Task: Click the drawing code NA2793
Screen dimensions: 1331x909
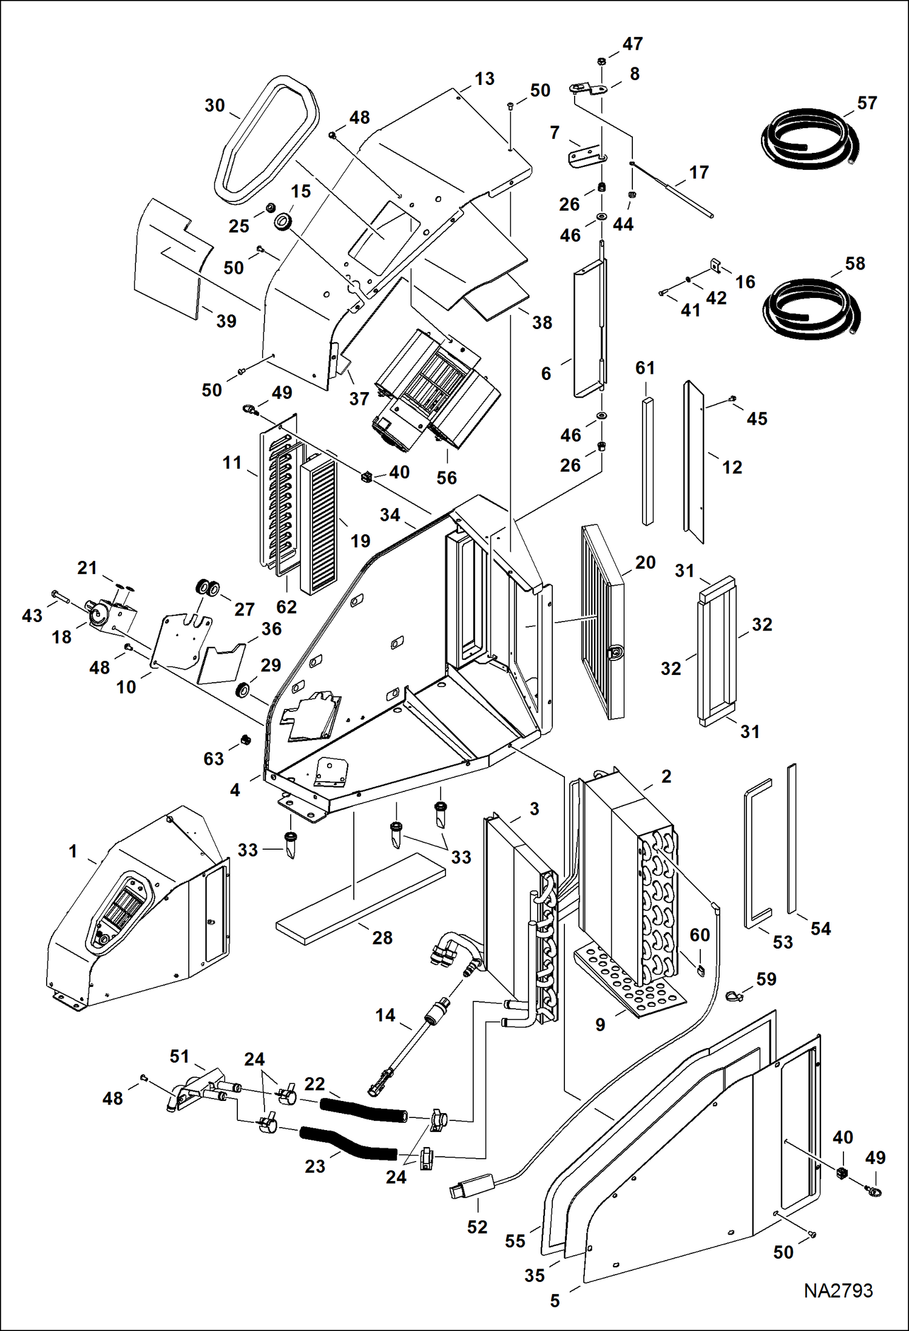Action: pyautogui.click(x=838, y=1290)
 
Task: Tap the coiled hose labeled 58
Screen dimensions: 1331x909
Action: pyautogui.click(x=811, y=308)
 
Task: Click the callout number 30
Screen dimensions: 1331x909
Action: pyautogui.click(x=215, y=106)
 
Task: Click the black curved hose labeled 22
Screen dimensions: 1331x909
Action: pyautogui.click(x=362, y=1111)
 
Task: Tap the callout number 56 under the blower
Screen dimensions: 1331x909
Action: pyautogui.click(x=447, y=478)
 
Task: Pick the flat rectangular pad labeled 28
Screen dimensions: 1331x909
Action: pyautogui.click(x=360, y=899)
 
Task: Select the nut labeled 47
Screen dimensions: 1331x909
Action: pyautogui.click(x=601, y=61)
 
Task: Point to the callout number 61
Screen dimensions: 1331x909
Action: pyautogui.click(x=645, y=368)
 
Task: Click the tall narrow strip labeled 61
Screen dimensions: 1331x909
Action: pyautogui.click(x=648, y=461)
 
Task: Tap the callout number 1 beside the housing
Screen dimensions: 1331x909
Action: pyautogui.click(x=73, y=851)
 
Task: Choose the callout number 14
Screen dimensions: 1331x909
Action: pyautogui.click(x=385, y=1015)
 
